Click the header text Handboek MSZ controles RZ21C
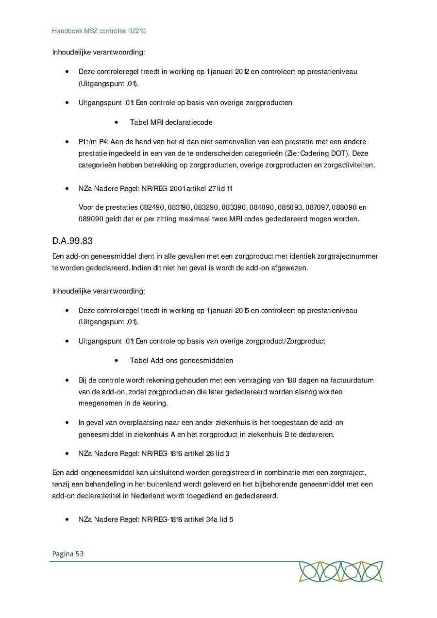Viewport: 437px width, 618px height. coord(99,31)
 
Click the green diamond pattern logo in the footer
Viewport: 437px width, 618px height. coord(340,571)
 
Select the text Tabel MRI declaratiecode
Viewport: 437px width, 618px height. coord(171,122)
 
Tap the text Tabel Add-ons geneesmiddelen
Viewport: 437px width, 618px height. coord(181,361)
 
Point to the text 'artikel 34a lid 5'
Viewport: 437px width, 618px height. coord(209,519)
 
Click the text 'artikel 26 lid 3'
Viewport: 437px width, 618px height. coord(207,453)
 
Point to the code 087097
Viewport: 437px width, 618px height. coord(317,207)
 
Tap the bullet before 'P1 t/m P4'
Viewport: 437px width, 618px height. coord(67,142)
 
